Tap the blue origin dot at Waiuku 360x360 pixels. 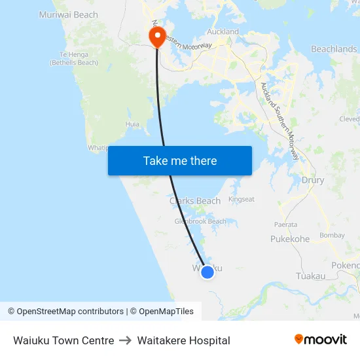[x=207, y=272]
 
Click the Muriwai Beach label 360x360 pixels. [x=69, y=14]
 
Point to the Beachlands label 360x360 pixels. [x=334, y=49]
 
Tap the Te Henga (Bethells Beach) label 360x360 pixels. [x=74, y=59]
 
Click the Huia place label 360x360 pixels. [x=132, y=123]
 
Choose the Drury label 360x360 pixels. [x=313, y=180]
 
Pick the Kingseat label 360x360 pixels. [x=241, y=199]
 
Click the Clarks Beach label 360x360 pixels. [x=195, y=201]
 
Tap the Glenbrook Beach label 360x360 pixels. [x=200, y=221]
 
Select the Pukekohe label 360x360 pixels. [x=290, y=239]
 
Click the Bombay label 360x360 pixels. [x=332, y=236]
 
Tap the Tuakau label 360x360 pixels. [x=310, y=276]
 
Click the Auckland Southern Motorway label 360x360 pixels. [x=280, y=121]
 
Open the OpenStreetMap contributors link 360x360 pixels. [x=70, y=312]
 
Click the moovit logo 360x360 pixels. [x=320, y=340]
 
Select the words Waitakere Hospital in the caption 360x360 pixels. [x=183, y=340]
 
